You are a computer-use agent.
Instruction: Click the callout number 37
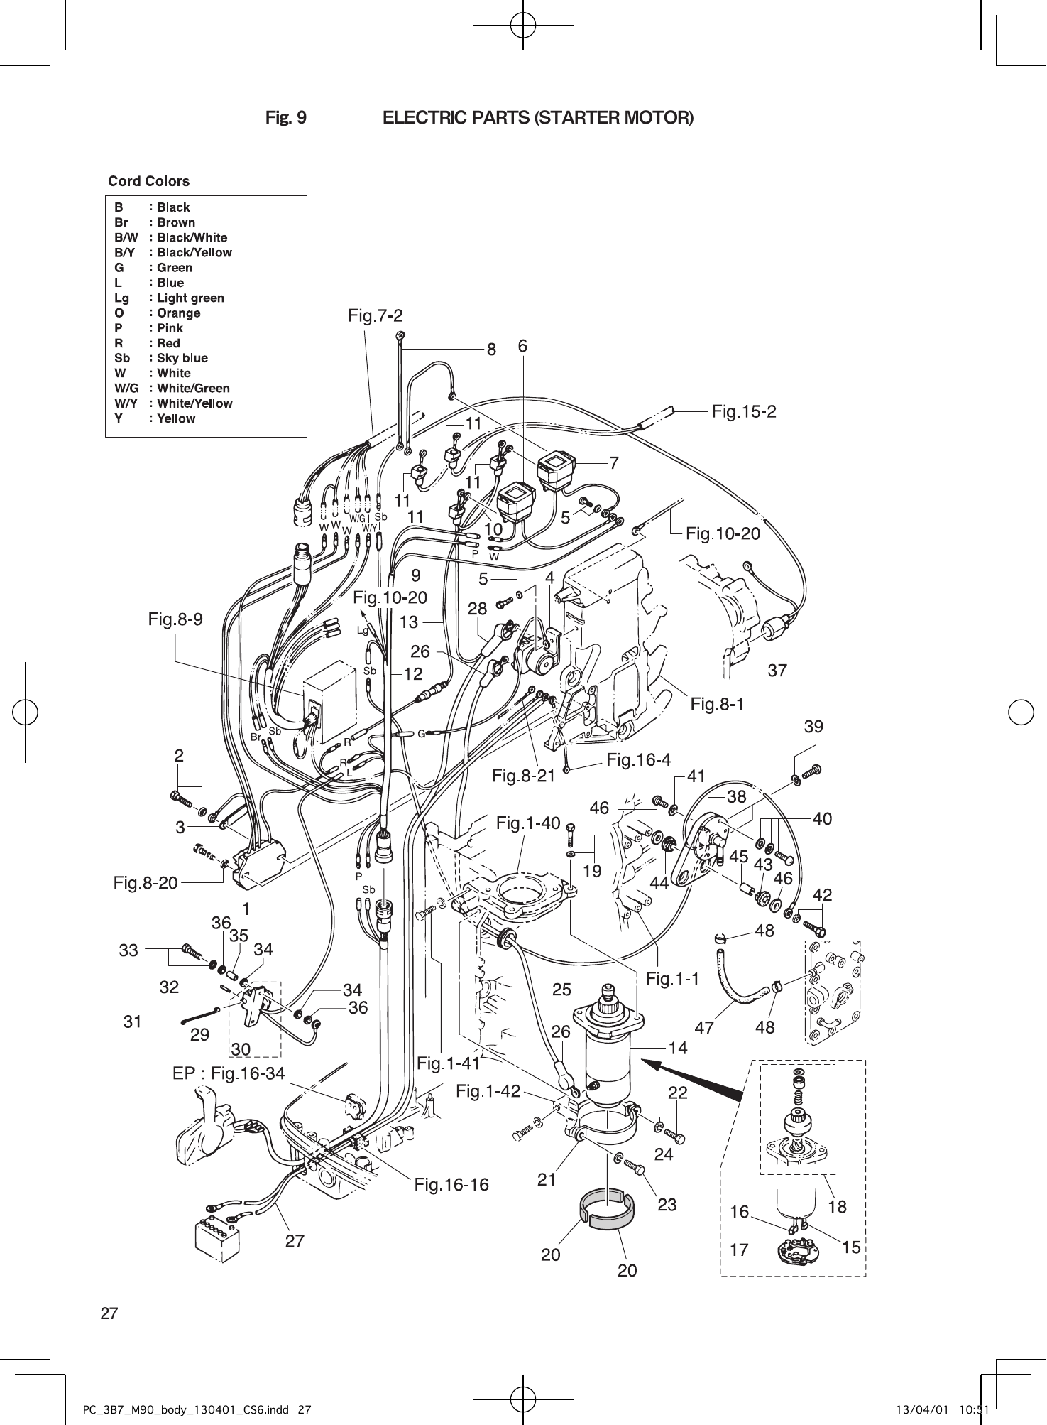[777, 670]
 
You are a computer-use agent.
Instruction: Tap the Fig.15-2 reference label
[744, 411]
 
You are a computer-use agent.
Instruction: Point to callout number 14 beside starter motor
[678, 1047]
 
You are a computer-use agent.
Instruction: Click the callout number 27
[295, 1241]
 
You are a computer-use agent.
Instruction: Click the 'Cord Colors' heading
[149, 181]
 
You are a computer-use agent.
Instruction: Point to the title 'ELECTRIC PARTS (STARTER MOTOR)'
[538, 117]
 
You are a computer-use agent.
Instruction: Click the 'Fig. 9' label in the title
[286, 117]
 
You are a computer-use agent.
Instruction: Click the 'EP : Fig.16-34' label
[229, 1073]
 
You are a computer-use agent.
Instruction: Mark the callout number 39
[813, 727]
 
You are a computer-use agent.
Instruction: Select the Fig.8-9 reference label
[175, 619]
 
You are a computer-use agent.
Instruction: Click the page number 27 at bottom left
[109, 1313]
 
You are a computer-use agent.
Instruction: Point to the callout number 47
[704, 1027]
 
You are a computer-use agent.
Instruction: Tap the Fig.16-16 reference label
[451, 1184]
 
